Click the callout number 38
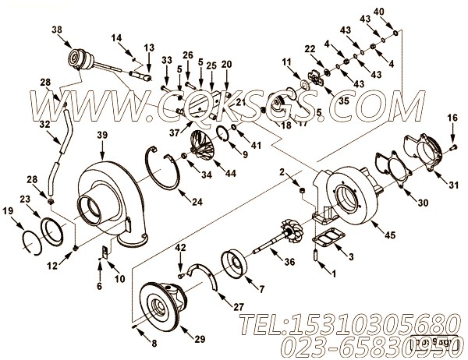[x=55, y=30]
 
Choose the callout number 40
[x=400, y=12]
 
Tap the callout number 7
[x=271, y=289]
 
